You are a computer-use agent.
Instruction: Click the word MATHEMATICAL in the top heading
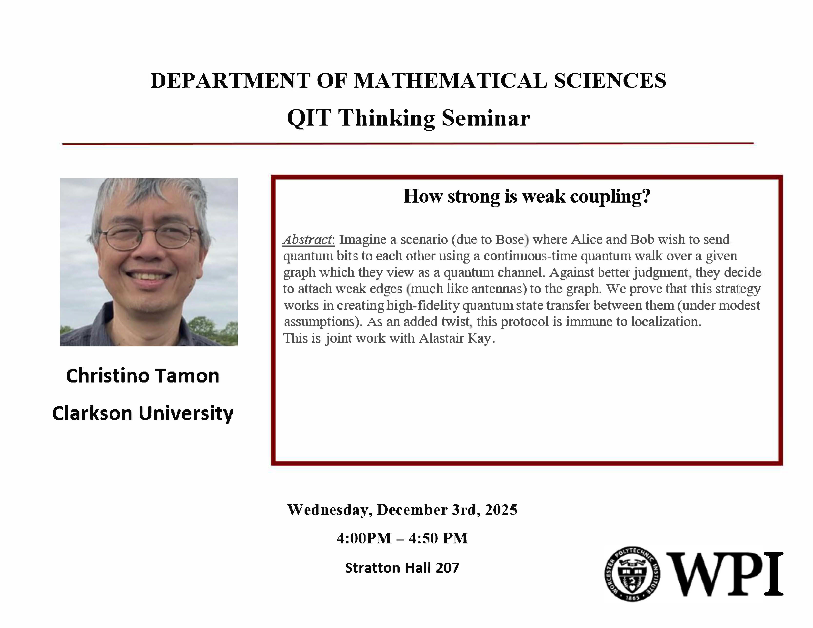450,81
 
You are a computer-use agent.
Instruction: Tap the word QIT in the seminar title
309,118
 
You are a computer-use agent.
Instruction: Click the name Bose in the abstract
510,239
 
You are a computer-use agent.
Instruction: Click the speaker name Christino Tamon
143,376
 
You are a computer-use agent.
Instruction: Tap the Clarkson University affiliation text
143,413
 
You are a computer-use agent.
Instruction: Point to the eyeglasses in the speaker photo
149,236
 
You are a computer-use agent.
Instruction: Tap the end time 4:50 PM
438,538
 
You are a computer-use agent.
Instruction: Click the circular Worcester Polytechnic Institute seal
632,574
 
